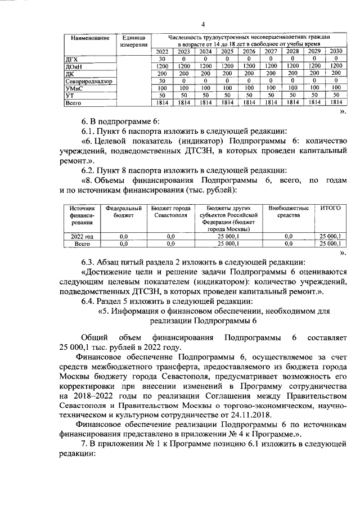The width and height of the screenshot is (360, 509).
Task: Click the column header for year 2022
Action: [161, 52]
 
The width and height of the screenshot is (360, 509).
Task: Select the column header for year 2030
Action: [336, 52]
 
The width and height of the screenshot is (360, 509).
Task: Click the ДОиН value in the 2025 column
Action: [227, 66]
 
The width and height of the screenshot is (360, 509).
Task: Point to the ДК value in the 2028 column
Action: [292, 74]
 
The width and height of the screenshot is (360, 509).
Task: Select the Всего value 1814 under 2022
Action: [161, 103]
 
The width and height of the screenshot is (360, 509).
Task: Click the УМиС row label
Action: [74, 88]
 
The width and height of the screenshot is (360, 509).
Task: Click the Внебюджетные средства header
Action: [289, 211]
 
